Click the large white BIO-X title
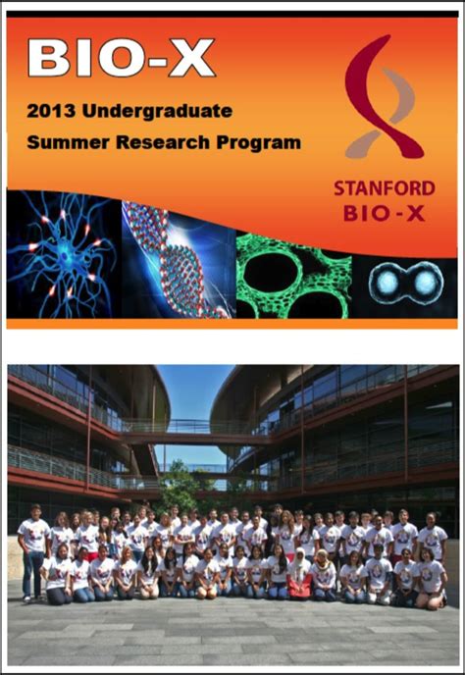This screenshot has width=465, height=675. coord(121,58)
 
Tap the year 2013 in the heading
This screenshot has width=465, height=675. coord(52,111)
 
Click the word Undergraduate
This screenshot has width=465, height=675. coord(158,112)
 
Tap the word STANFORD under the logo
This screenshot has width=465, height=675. coord(385,189)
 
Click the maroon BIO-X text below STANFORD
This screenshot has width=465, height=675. coord(385,213)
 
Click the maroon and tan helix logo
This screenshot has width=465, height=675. coord(383,97)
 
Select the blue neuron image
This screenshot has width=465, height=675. coord(64,255)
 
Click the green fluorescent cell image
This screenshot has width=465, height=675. coord(293,277)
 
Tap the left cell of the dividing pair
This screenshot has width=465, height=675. coord(387,282)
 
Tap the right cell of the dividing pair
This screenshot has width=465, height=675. coord(426,282)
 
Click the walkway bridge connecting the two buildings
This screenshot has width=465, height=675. coord(194,434)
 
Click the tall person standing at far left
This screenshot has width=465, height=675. coord(33,552)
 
